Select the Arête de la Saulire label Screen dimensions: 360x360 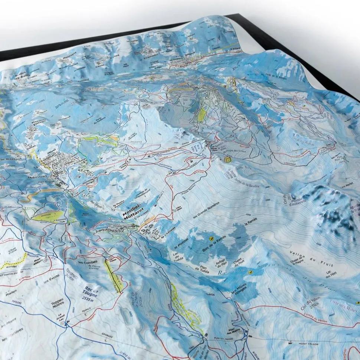[246, 183]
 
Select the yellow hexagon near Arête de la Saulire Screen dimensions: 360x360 [227, 159]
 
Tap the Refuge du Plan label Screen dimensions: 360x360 [221, 264]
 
